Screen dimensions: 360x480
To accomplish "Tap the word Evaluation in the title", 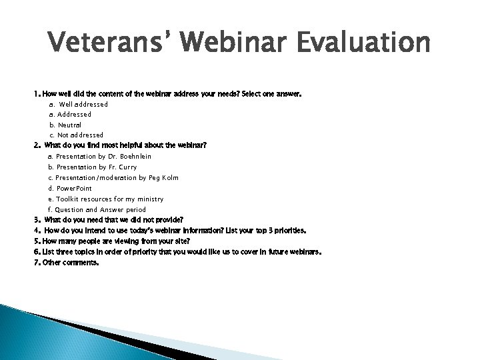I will point(365,45).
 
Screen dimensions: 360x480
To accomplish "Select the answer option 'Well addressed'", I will point(83,105).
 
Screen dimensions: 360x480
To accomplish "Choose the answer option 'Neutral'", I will point(69,125).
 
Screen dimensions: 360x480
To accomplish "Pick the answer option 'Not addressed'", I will point(80,135).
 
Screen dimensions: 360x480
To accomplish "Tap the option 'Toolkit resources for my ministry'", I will point(109,199).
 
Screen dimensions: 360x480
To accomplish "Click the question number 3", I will point(37,220).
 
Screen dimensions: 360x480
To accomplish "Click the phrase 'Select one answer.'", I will point(272,95).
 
